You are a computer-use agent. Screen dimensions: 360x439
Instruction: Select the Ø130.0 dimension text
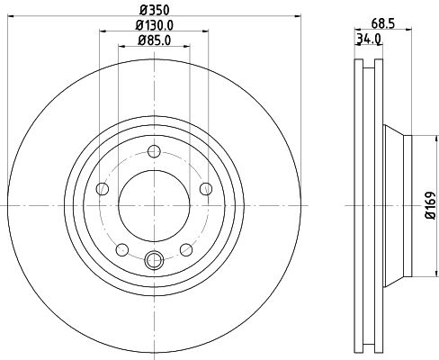154,26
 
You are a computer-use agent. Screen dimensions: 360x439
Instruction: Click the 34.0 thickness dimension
368,39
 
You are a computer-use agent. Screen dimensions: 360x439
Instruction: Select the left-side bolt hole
103,188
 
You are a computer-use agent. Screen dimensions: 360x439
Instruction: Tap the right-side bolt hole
206,187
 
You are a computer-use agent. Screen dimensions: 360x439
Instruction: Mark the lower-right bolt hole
186,248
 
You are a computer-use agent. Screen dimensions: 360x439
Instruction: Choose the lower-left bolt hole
122,248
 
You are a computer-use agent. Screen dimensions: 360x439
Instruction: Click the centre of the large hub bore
154,204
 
